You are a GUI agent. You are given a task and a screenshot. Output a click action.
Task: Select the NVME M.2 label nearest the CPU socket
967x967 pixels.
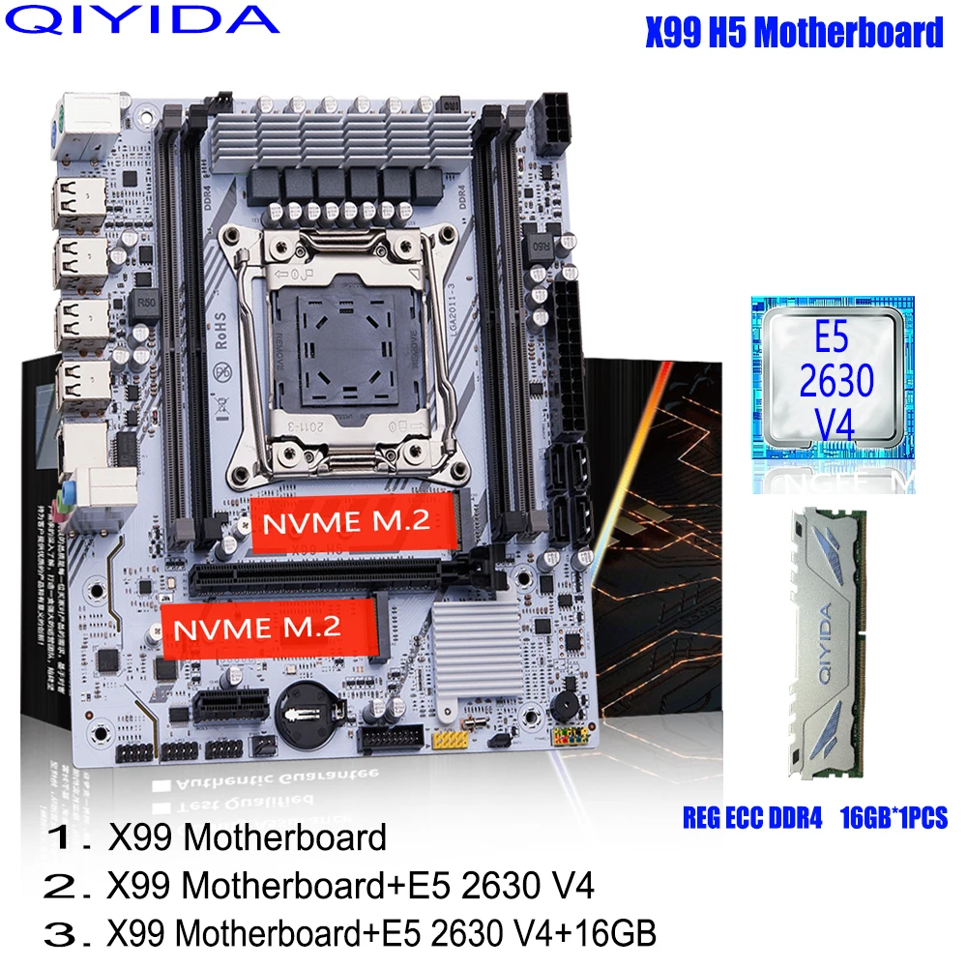click(x=353, y=523)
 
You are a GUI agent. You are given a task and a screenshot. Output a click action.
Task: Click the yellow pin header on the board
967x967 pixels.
click(x=449, y=741)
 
